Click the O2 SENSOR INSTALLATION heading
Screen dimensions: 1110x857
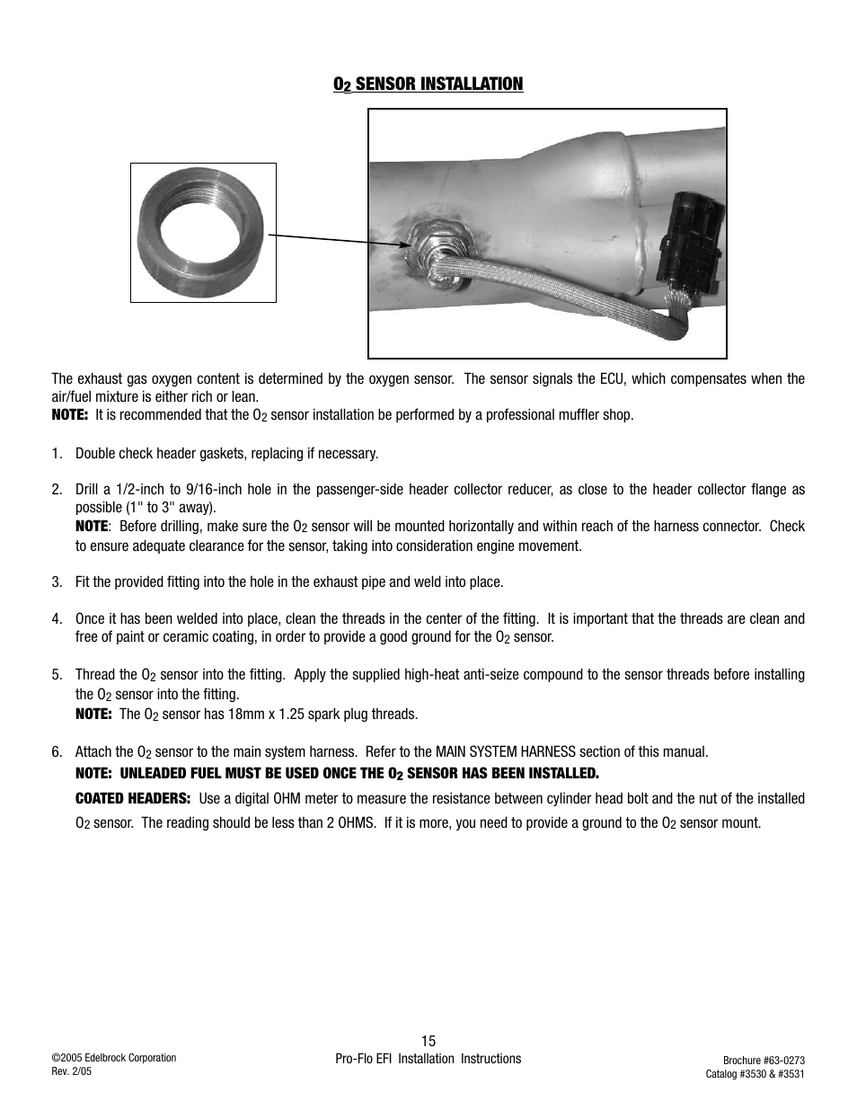pos(428,84)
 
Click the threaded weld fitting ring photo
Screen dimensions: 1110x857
pos(202,232)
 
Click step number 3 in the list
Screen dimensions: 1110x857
pos(57,582)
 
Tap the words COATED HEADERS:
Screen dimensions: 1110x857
pos(132,798)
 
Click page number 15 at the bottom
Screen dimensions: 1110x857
pos(428,1042)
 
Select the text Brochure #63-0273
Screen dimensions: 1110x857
pos(754,1061)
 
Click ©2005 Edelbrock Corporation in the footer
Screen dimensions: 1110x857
pos(113,1058)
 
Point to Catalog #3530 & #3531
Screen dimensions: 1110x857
pos(754,1074)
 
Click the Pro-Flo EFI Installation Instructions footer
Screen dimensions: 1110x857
pos(428,1059)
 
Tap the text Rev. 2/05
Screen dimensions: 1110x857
pos(72,1071)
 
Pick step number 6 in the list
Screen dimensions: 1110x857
pos(57,752)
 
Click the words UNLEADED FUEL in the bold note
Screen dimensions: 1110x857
pos(172,773)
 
